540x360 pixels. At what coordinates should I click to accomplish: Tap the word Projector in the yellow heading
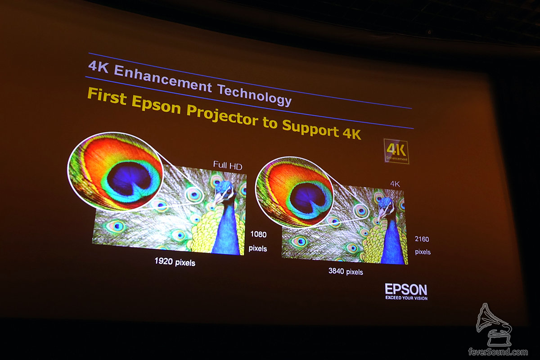tap(222, 115)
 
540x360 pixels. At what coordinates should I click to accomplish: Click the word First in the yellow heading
tap(107, 96)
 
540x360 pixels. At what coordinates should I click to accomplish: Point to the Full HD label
tap(228, 165)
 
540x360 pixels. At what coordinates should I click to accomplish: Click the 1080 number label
tap(258, 234)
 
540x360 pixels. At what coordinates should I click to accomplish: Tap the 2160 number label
tap(422, 239)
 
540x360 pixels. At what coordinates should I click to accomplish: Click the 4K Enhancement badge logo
tap(396, 152)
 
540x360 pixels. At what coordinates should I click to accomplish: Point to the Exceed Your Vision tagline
tap(406, 298)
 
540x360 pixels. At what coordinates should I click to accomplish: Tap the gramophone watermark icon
tap(494, 324)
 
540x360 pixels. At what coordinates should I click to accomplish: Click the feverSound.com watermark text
tap(498, 352)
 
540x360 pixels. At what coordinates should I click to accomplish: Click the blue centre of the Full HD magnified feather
tap(129, 179)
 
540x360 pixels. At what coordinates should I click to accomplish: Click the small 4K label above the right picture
tap(395, 184)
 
